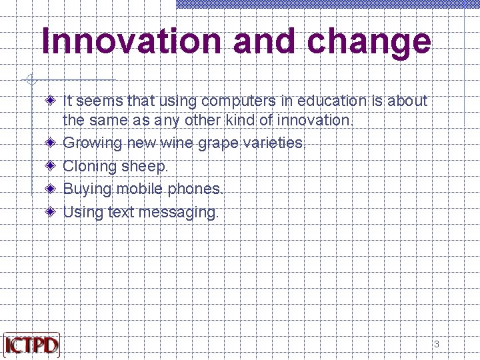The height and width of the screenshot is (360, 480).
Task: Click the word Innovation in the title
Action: [132, 41]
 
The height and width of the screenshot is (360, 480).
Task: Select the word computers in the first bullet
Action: [247, 101]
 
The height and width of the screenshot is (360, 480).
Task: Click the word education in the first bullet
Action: [331, 101]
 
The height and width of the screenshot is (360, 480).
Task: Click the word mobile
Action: [140, 189]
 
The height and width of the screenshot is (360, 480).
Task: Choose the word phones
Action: [196, 189]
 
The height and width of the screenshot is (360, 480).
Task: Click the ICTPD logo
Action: [31, 344]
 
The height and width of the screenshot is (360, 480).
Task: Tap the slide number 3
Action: [437, 344]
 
